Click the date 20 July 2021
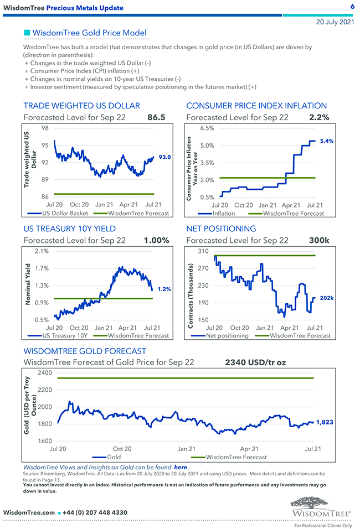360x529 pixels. point(335,22)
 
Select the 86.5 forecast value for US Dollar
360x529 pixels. point(156,117)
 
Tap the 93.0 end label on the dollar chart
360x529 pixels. point(164,157)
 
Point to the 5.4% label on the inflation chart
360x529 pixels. point(327,141)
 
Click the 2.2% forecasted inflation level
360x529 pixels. point(320,117)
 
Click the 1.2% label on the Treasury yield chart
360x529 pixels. point(164,289)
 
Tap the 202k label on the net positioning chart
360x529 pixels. point(327,298)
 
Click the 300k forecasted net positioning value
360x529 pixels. point(320,240)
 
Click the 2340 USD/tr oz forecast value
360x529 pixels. point(255,363)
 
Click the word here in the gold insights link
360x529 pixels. point(180,468)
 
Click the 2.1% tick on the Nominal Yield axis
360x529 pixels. point(42,251)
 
